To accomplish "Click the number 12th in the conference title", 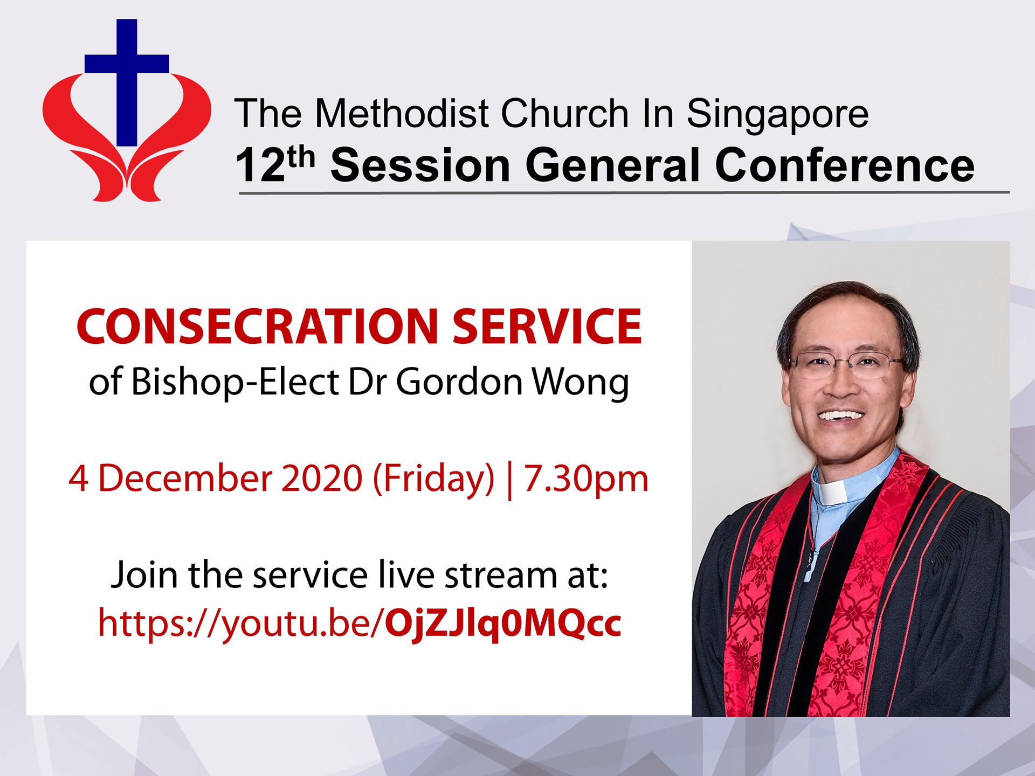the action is (x=275, y=164).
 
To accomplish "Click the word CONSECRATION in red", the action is (x=257, y=327).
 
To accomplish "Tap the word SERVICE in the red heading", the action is (x=547, y=327).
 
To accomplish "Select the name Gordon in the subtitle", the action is (x=460, y=382).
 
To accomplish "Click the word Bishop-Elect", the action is (x=235, y=382).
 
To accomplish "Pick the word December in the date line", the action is (x=185, y=479).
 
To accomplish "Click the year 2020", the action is (x=322, y=479).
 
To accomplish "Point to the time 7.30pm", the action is (x=586, y=480).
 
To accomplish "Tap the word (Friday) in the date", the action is (x=433, y=480).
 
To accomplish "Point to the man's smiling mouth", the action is (x=840, y=417).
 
